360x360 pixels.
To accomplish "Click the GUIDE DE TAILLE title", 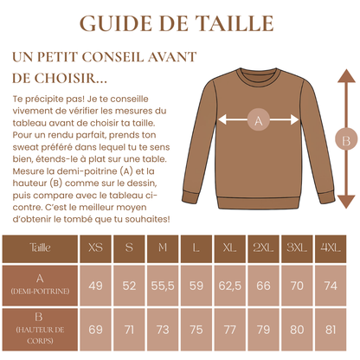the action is coord(180,22).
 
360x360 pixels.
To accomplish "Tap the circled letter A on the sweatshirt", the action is coord(256,122).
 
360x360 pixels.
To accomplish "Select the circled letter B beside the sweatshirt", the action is coord(345,138).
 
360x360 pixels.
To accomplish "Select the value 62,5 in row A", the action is coord(229,285).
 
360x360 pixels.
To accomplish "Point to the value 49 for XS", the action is coord(95,285).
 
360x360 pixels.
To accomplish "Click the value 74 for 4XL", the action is coord(330,285).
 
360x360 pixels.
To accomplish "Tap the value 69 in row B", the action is coord(95,329).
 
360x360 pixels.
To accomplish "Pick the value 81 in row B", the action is coord(330,329).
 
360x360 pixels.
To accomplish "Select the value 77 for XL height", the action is coord(229,329).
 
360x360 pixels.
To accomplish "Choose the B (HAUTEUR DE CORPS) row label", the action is coord(40,329).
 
